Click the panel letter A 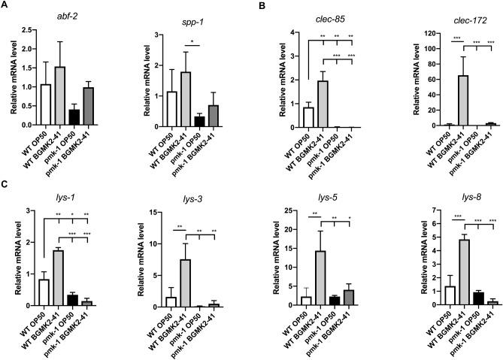(5, 6)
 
